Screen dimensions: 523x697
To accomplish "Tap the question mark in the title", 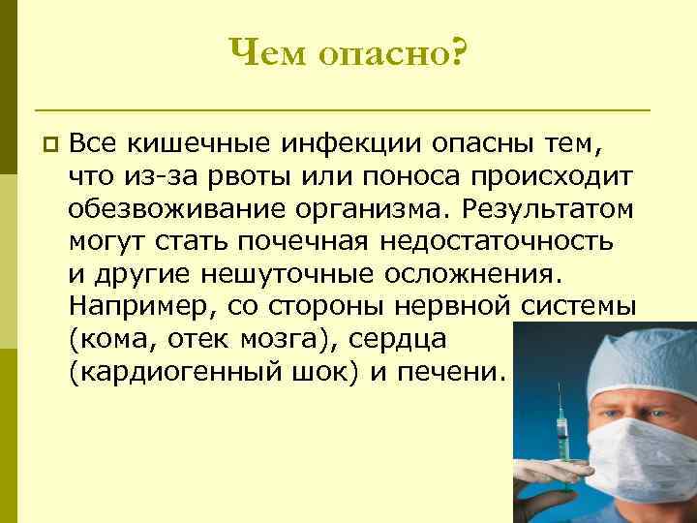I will coord(454,55).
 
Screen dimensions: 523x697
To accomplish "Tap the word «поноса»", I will coord(399,177).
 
